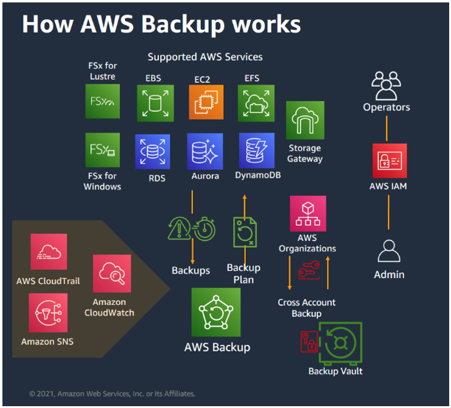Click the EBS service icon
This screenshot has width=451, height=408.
tap(155, 103)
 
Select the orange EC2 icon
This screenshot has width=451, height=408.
tap(206, 103)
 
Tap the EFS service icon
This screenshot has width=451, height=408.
tap(256, 103)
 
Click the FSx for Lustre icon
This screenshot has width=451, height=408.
tap(103, 101)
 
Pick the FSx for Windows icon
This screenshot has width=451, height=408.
tap(103, 150)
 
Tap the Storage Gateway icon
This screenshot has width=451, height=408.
tap(305, 121)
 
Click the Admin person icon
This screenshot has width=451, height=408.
tap(388, 251)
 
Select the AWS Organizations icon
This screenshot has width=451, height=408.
tap(308, 214)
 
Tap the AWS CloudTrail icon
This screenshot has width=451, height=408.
tap(49, 252)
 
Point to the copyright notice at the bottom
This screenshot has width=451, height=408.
tap(112, 393)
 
